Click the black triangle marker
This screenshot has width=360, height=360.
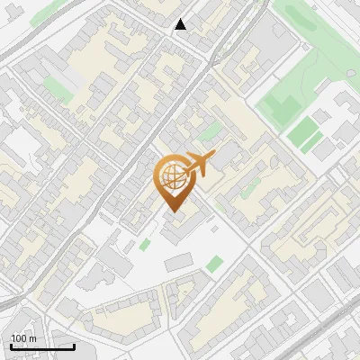tap(181, 24)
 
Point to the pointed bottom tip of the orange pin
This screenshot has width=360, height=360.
tap(173, 211)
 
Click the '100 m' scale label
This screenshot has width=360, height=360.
tap(23, 338)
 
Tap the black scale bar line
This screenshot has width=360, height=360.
tap(42, 346)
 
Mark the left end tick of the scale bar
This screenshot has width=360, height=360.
tap(10, 345)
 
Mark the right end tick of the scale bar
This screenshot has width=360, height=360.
tap(75, 345)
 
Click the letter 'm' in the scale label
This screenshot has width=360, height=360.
tap(32, 338)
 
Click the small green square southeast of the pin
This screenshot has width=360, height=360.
tap(214, 264)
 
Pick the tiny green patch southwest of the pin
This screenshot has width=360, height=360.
tap(145, 245)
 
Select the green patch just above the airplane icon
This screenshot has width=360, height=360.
tap(210, 133)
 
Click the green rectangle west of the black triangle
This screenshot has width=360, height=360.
tap(56, 87)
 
